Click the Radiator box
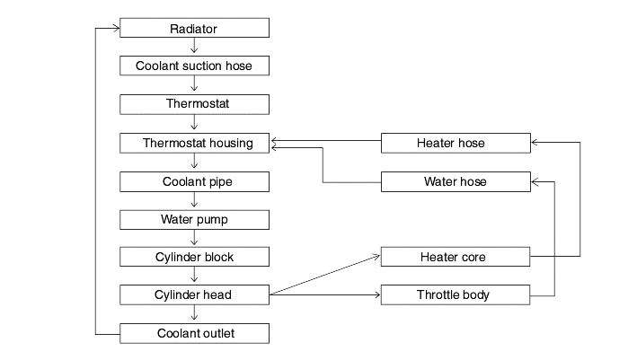point(194,28)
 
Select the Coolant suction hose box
point(194,66)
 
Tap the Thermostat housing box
point(194,144)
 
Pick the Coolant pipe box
point(194,181)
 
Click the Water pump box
point(194,220)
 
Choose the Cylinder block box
point(194,257)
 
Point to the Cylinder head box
point(194,294)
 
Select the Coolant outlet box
point(194,333)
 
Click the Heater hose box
point(456,144)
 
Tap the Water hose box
point(456,181)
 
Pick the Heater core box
point(455,257)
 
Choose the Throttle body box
point(455,294)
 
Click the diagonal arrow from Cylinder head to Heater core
point(324,275)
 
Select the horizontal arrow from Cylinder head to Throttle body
point(325,294)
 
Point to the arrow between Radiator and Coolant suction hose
point(194,46)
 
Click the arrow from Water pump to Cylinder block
point(194,237)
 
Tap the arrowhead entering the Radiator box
point(116,28)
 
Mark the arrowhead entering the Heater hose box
point(535,142)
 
